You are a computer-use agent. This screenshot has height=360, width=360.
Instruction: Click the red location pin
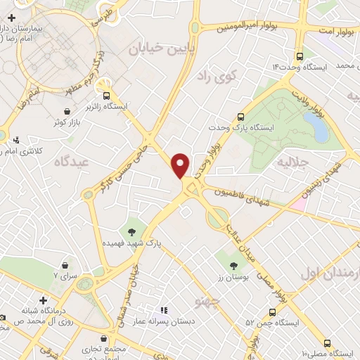tap(181, 165)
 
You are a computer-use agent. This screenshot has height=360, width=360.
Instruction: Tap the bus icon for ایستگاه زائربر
tap(107, 95)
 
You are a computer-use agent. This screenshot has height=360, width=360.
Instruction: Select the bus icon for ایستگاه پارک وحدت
tap(241, 117)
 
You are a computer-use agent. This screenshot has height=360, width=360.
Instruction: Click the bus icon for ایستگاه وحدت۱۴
tap(300, 56)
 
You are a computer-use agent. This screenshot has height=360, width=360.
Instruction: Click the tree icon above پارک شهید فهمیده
tap(131, 231)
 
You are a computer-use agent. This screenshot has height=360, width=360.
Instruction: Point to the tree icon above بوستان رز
tap(233, 265)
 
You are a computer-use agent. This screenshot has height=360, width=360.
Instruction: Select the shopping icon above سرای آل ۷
tap(65, 265)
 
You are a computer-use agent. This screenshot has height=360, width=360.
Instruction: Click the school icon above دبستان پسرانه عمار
tap(163, 310)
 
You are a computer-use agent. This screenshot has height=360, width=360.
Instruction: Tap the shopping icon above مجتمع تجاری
tap(104, 338)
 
